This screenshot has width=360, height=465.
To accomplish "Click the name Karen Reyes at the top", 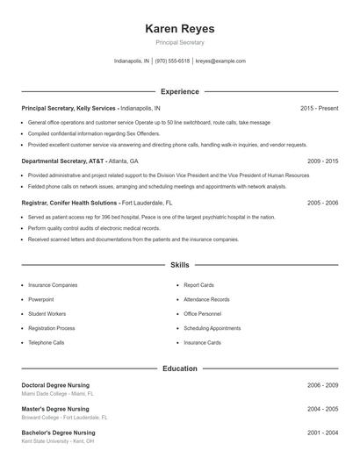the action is point(180,29).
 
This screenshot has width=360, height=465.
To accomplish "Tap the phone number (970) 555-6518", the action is point(173,61).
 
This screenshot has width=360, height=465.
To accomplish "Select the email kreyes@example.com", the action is point(220,61).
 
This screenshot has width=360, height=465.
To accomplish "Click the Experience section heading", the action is point(180,91).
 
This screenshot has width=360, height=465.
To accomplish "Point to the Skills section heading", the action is point(180,264).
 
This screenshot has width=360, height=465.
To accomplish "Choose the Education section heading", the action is point(180,368).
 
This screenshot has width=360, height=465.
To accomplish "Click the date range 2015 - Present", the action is point(319,108).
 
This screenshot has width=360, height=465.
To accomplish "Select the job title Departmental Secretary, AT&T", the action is point(62,161).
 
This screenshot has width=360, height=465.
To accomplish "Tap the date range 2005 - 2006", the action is point(322,203).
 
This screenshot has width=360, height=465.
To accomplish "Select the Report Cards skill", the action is point(198,285).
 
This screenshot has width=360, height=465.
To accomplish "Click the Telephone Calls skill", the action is point(47,342).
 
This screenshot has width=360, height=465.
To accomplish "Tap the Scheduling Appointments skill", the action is point(212,328).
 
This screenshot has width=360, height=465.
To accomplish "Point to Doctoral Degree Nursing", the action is point(55,385).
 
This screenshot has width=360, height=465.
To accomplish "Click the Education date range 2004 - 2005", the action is point(322,409).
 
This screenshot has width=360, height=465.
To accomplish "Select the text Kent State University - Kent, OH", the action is point(59,441).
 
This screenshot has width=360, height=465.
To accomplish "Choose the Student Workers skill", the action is point(47,313).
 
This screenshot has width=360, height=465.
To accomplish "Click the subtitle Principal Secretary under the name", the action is point(180,42).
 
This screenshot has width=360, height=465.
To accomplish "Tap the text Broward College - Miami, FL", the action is point(64,418).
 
